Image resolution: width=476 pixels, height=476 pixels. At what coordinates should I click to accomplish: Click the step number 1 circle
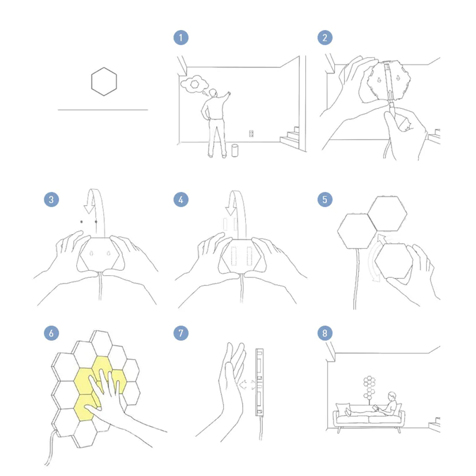point(181,38)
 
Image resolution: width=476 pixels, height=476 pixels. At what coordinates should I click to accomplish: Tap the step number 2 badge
point(325,38)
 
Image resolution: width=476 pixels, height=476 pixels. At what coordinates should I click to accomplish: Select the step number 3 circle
point(51,199)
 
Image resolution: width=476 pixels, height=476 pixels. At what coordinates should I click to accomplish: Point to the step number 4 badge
point(181,199)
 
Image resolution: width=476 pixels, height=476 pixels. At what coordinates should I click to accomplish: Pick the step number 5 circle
point(325,199)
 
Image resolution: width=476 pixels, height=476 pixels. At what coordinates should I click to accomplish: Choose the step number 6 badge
point(51,333)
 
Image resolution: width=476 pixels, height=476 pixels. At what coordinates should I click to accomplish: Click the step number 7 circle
point(181,333)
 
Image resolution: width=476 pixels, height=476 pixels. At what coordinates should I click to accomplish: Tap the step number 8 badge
point(325,333)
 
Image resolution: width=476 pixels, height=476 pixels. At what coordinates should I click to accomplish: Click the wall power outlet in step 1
point(251,133)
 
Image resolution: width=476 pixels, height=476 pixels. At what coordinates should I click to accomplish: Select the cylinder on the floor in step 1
point(235,150)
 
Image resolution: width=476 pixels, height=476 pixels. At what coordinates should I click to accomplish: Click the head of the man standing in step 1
point(214,93)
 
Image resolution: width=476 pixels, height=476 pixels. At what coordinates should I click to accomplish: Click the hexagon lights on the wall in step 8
point(369,387)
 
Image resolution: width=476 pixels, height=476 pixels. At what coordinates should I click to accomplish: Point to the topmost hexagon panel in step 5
point(387,213)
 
